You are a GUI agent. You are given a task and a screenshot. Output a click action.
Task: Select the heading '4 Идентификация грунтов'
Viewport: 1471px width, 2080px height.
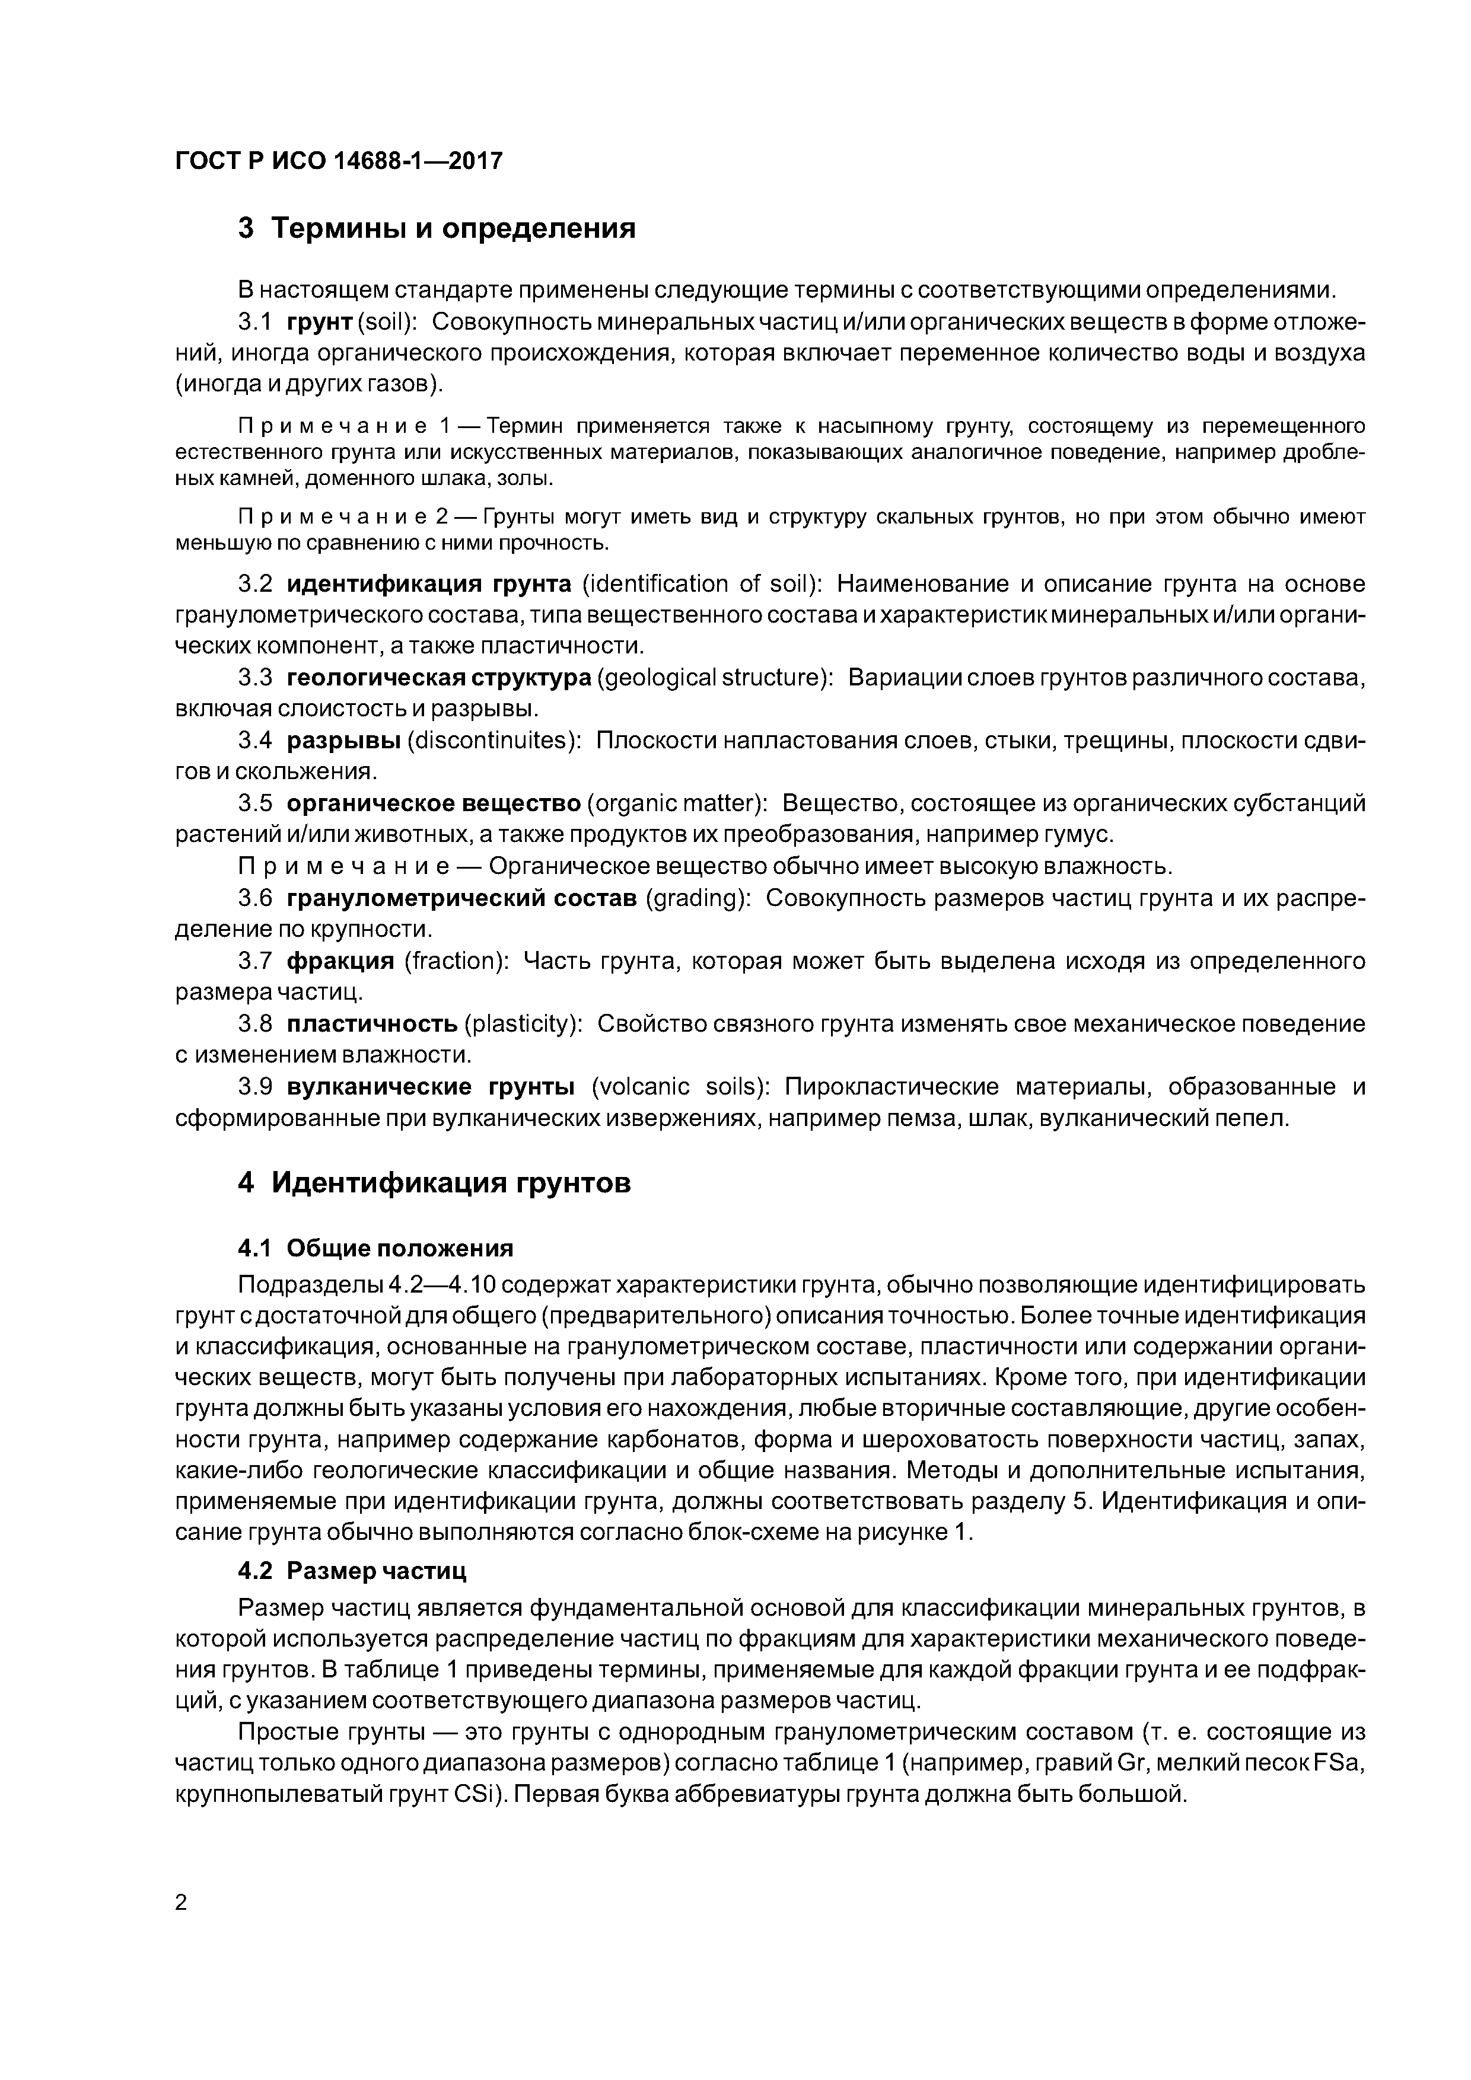pos(434,1183)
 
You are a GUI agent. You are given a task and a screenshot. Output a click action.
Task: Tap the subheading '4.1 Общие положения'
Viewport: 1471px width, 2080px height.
pos(375,1248)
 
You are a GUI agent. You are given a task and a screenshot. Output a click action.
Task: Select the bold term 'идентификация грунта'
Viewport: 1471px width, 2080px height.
pos(429,583)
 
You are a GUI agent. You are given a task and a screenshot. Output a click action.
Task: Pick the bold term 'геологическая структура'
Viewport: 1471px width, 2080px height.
pos(439,678)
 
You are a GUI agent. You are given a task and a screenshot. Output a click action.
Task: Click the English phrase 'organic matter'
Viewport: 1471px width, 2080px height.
pos(677,803)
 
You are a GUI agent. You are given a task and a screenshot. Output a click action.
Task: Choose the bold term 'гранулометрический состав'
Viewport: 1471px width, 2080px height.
pos(461,898)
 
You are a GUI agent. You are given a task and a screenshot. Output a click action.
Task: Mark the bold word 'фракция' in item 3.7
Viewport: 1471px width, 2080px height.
pos(341,961)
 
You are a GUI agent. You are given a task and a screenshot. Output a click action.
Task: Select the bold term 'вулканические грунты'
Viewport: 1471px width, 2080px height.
pos(431,1086)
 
